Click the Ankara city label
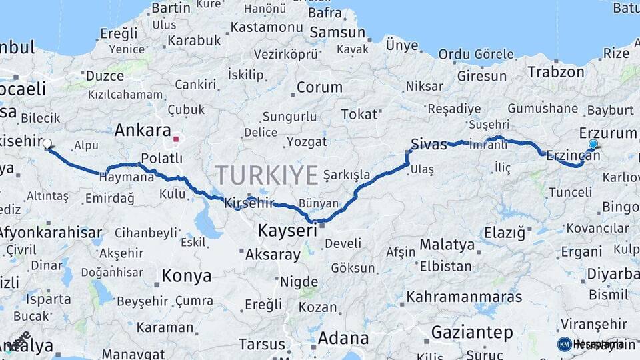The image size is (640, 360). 143,130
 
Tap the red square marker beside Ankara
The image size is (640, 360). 176,139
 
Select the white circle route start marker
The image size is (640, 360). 47,143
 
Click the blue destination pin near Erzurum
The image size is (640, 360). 593,144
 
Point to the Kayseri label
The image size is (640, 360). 287,231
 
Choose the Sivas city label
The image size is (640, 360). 429,144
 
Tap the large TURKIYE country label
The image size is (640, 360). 266,175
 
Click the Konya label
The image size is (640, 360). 187,276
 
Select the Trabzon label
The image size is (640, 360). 556,72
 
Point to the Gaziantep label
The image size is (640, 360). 472,332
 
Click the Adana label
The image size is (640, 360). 343,337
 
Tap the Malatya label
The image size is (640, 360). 447,245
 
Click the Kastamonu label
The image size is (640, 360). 267,27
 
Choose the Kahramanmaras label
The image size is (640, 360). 465,296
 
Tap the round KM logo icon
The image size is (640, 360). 564,344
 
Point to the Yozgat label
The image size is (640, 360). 307,142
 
